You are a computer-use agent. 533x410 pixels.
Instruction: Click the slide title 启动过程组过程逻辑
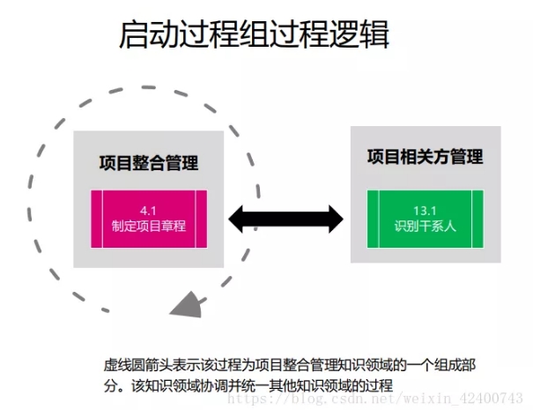click(x=254, y=34)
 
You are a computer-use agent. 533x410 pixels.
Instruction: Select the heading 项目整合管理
click(x=149, y=163)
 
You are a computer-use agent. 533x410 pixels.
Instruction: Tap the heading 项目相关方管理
click(x=425, y=157)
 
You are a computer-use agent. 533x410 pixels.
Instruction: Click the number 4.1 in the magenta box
click(x=148, y=211)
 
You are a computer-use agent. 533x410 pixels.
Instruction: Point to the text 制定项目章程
click(x=149, y=226)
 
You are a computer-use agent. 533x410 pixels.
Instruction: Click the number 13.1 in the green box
click(x=425, y=211)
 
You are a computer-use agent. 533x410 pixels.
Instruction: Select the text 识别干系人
click(x=425, y=226)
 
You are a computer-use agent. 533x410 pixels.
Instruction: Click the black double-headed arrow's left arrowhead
click(x=236, y=220)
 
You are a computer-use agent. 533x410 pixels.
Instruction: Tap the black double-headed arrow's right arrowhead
click(x=336, y=220)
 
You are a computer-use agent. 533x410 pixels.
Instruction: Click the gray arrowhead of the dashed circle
click(x=188, y=306)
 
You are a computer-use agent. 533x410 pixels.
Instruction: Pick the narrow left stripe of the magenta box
click(x=97, y=219)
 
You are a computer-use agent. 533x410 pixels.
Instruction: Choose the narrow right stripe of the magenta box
click(x=201, y=219)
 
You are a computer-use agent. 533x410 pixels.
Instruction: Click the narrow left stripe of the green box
click(x=373, y=219)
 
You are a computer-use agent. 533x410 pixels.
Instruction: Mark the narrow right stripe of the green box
click(x=477, y=219)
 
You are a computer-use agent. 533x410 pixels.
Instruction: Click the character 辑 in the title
click(x=374, y=34)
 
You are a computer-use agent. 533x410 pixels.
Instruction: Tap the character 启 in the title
click(x=134, y=34)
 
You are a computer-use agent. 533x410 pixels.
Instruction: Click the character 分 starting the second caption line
click(x=111, y=386)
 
